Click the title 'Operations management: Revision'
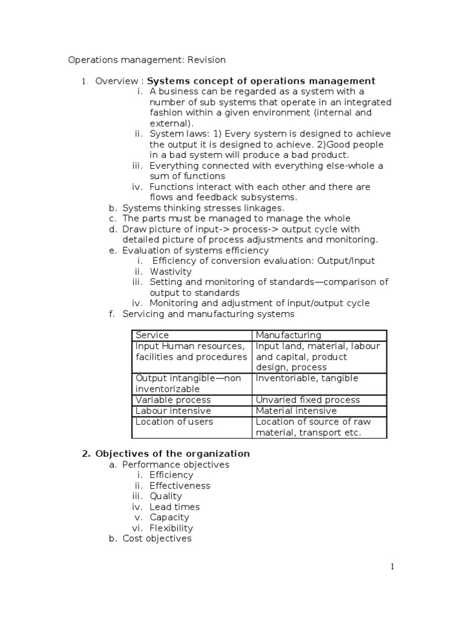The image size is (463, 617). (x=147, y=60)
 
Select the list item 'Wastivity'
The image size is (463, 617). (x=171, y=272)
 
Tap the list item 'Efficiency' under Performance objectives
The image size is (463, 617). (x=171, y=475)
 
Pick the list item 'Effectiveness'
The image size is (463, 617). (x=180, y=486)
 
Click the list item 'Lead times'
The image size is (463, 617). (x=174, y=507)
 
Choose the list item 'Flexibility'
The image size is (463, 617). (x=171, y=528)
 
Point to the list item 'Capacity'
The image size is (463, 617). (x=169, y=518)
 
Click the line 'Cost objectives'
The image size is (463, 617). (x=157, y=539)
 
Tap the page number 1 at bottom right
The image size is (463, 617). (x=392, y=566)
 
